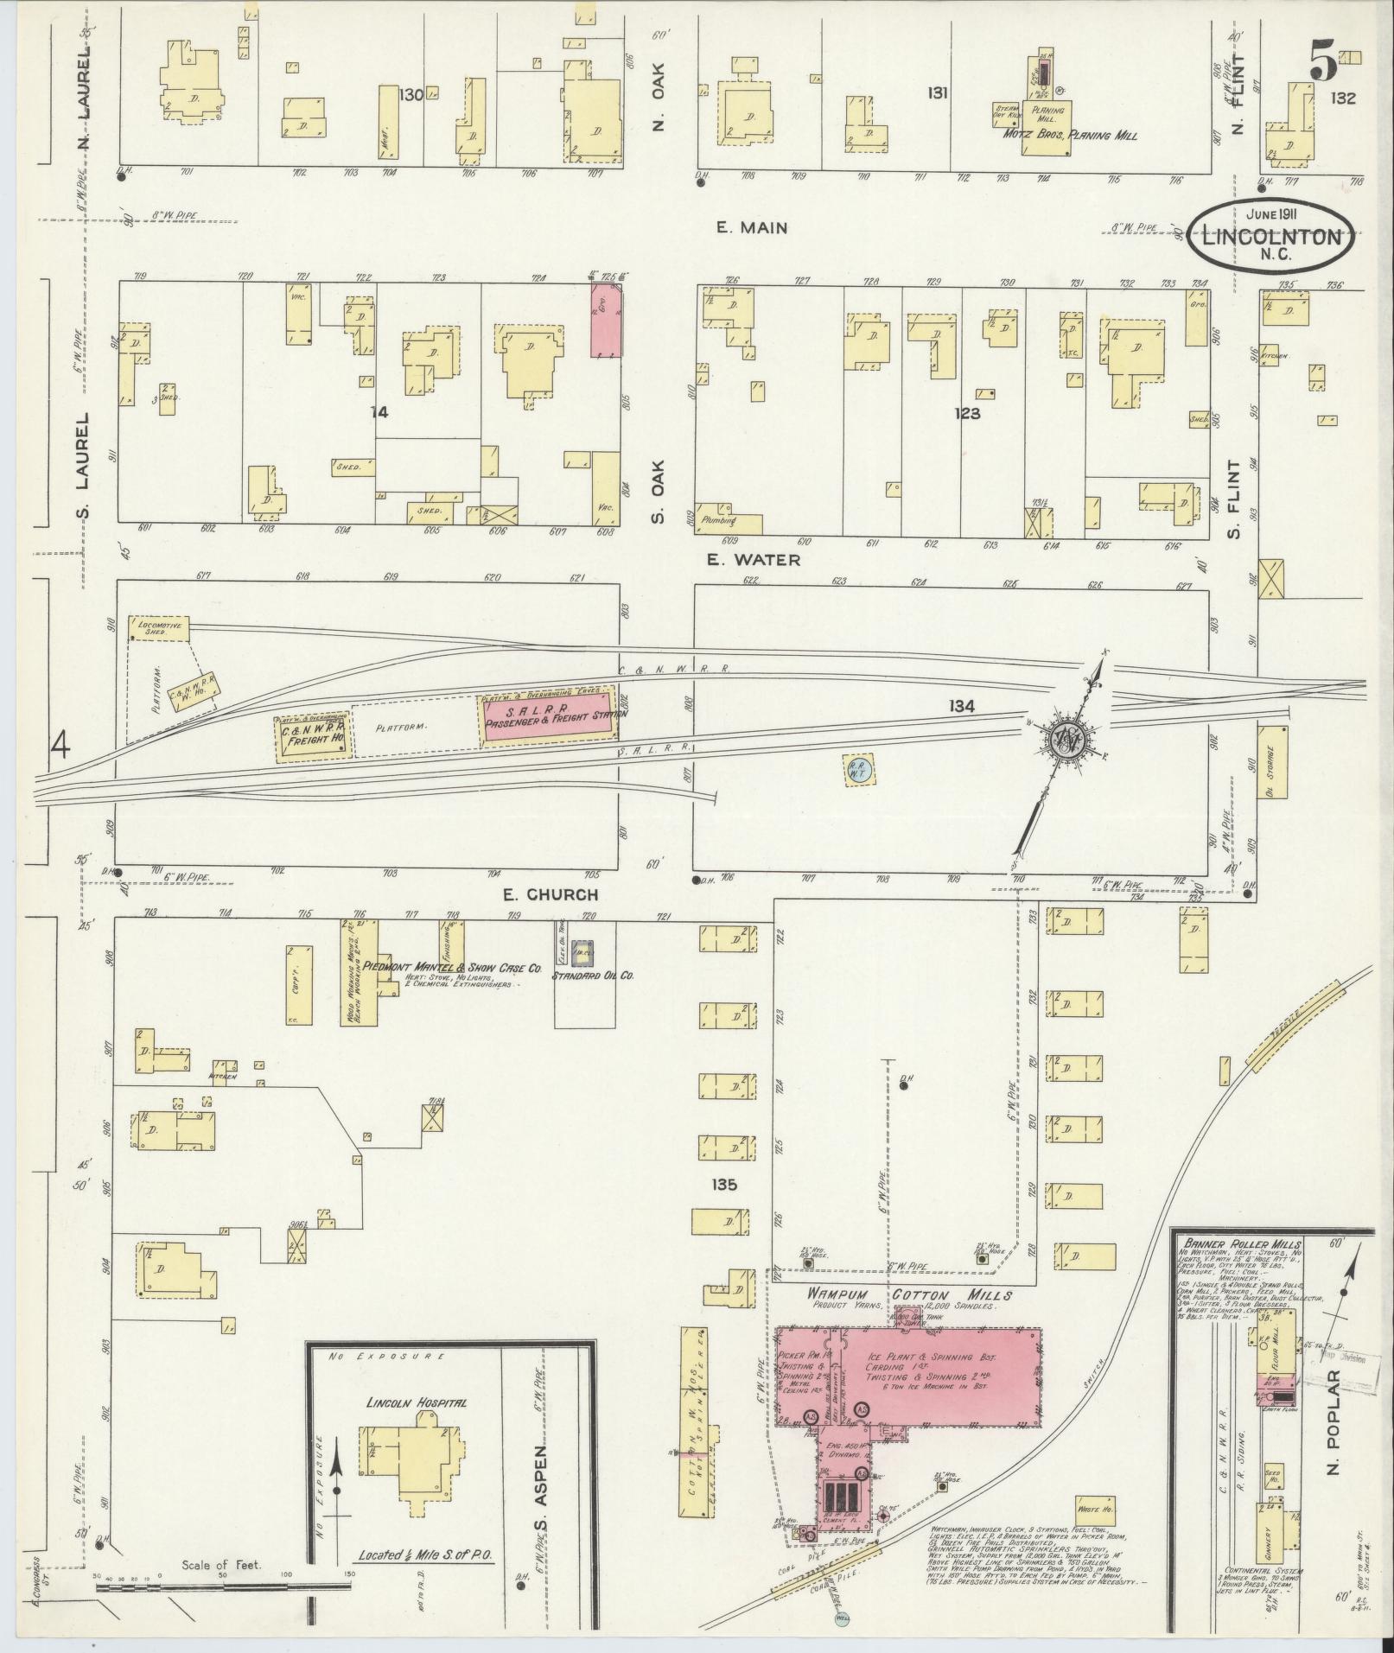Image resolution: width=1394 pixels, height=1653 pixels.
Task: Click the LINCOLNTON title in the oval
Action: [x=1268, y=237]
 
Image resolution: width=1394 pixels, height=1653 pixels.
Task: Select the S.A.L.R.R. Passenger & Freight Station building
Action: [x=547, y=715]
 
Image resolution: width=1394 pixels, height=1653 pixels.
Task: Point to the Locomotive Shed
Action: [x=158, y=629]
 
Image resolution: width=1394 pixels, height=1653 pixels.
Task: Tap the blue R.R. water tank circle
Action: [x=859, y=768]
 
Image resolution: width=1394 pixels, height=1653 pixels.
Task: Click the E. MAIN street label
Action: [x=751, y=227]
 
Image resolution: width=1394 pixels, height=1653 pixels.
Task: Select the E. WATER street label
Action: [x=753, y=560]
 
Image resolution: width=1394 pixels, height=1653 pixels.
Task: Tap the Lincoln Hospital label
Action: [x=417, y=1402]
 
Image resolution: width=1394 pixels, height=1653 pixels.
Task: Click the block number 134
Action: [x=960, y=706]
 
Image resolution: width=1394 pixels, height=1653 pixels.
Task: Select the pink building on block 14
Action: [x=604, y=321]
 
